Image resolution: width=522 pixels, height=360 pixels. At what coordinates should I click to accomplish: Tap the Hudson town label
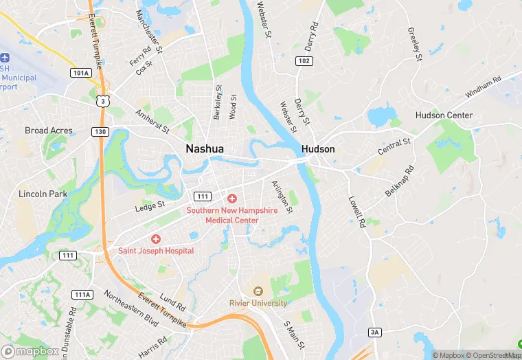[x=318, y=149]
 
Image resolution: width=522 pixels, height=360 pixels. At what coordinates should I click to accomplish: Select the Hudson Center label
[x=444, y=115]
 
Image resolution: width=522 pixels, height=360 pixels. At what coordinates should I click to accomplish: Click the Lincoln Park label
[x=43, y=194]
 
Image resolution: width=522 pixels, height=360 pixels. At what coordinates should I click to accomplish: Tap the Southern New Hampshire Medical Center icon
[x=232, y=198]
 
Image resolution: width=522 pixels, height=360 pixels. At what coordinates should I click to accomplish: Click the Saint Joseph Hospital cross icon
[x=156, y=239]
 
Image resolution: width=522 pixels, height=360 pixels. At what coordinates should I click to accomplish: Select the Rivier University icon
[x=258, y=291]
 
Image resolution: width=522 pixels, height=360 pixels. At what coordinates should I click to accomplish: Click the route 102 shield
[x=304, y=61]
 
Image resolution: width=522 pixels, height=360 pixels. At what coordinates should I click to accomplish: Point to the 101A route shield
[x=80, y=72]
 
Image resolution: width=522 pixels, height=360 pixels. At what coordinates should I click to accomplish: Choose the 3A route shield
[x=374, y=333]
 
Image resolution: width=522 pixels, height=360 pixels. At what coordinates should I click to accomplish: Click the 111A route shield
[x=82, y=295]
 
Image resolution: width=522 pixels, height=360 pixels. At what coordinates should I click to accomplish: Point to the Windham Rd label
[x=484, y=87]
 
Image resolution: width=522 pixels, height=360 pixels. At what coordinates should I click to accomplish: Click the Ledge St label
[x=150, y=205]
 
